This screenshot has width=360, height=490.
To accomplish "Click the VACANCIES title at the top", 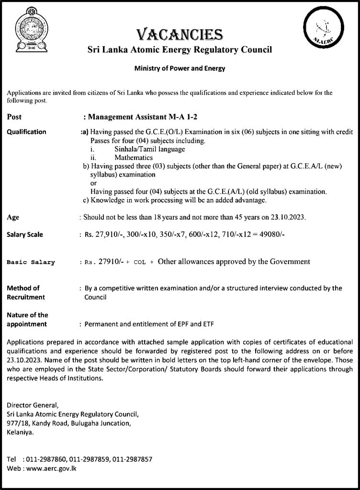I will point(180,34).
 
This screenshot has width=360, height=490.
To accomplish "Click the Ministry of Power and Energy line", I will point(180,68).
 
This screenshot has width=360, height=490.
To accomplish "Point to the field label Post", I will point(14,116).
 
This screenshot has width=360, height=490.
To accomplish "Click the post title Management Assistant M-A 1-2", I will point(140,116).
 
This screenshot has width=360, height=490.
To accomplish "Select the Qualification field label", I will point(26,132).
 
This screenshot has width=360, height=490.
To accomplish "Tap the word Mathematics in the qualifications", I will point(134,157).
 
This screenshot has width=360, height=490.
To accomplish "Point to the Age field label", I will point(13,217).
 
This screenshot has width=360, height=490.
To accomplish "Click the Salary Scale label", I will point(25,234).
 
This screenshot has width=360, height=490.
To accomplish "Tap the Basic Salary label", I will point(31,262).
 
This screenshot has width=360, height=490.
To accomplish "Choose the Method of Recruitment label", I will point(26,292).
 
